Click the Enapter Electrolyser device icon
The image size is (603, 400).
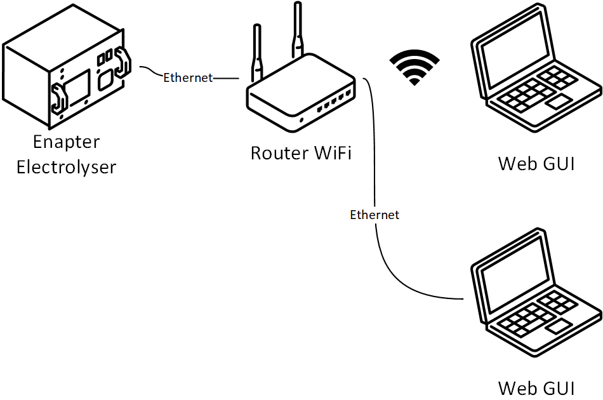pyautogui.click(x=66, y=79)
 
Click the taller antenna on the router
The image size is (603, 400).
pyautogui.click(x=296, y=32)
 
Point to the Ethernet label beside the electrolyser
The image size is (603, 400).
pyautogui.click(x=188, y=77)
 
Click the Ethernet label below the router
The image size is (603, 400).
pyautogui.click(x=374, y=215)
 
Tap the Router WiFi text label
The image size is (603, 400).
pyautogui.click(x=300, y=153)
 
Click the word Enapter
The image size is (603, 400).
pyautogui.click(x=67, y=141)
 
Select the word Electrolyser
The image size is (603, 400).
pyautogui.click(x=67, y=167)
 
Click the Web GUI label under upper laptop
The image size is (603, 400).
pyautogui.click(x=536, y=163)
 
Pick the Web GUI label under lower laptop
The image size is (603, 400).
pyautogui.click(x=536, y=387)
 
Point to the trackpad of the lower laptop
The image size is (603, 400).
pyautogui.click(x=559, y=327)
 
